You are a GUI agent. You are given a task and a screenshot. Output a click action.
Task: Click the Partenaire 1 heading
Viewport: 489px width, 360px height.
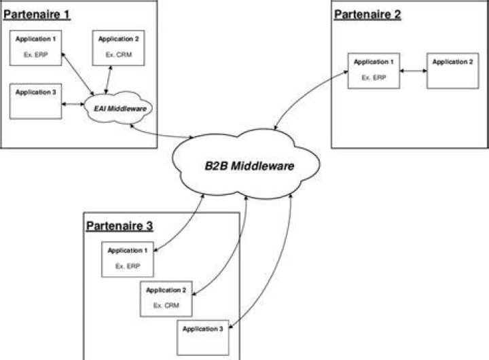pos(37,15)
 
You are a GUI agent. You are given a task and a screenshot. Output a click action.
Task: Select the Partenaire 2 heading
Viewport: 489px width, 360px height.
pos(367,15)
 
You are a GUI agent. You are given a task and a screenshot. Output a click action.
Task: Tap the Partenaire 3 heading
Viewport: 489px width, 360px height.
pos(120,226)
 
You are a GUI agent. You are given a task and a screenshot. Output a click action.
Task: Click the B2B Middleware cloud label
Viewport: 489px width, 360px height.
pos(249,166)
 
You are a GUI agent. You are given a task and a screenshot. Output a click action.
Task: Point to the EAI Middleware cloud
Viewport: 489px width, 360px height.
pos(118,107)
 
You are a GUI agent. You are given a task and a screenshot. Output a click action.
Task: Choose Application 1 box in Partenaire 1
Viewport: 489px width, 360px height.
pos(35,48)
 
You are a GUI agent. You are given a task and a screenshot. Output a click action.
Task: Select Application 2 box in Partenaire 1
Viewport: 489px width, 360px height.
pos(118,48)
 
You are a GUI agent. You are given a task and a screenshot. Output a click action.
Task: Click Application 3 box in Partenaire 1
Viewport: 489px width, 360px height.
pos(35,101)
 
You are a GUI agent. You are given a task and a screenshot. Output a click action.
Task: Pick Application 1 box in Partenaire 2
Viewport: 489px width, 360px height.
pos(374,71)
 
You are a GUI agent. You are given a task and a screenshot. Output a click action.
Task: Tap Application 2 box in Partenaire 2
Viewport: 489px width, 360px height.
pos(452,71)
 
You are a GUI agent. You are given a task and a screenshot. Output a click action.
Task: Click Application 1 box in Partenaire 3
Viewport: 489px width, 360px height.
pos(128,259)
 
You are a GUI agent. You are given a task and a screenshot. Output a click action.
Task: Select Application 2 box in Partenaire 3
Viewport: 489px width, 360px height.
pos(166,299)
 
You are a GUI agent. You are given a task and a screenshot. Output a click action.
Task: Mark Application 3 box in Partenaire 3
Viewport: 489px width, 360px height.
pos(202,338)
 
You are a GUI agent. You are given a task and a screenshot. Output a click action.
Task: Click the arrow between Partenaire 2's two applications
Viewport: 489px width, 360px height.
pos(413,71)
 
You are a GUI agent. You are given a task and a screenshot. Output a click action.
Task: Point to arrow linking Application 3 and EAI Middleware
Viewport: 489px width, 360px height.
pos(73,104)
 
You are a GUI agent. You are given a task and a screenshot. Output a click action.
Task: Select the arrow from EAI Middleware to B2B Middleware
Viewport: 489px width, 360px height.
pos(159,134)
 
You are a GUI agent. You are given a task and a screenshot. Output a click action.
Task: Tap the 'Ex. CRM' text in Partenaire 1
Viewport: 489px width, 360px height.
pos(118,55)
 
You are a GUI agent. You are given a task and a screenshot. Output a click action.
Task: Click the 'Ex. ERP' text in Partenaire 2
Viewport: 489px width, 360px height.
pos(374,77)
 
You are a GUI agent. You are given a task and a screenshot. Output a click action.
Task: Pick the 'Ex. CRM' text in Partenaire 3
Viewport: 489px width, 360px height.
pos(166,306)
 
